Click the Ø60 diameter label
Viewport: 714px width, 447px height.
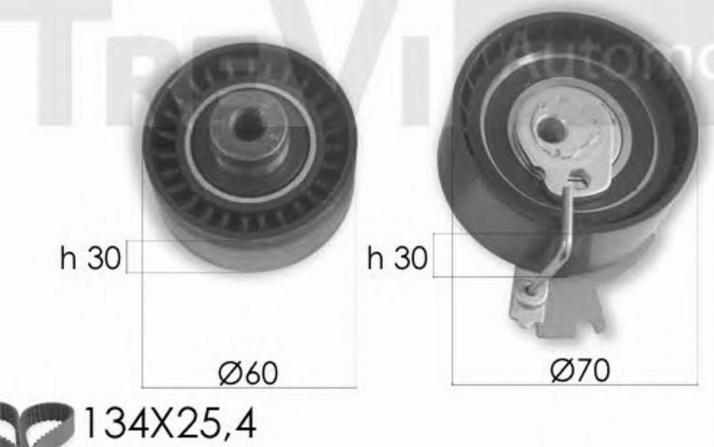[x=248, y=372]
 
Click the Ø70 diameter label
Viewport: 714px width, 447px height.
[x=581, y=369]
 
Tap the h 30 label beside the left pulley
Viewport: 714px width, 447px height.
[x=90, y=258]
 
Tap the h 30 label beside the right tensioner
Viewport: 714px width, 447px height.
[x=397, y=258]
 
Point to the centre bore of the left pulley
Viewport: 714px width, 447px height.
[x=250, y=124]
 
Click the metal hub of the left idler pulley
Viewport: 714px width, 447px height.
[x=249, y=135]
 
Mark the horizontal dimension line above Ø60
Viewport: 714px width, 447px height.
[x=248, y=388]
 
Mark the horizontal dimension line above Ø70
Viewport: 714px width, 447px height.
[x=575, y=384]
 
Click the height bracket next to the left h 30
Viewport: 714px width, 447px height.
[x=132, y=257]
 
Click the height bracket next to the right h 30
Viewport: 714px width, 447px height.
[x=436, y=255]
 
